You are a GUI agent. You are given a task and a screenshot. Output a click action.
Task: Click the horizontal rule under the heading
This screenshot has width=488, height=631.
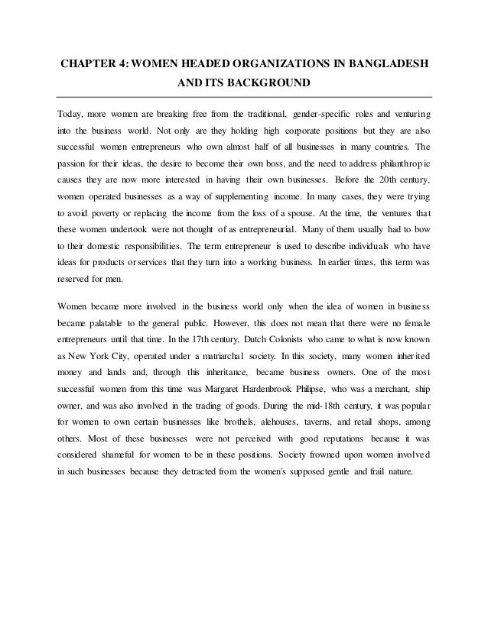point(244,97)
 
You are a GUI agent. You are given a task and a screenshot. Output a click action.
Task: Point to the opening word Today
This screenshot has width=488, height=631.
point(71,115)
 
